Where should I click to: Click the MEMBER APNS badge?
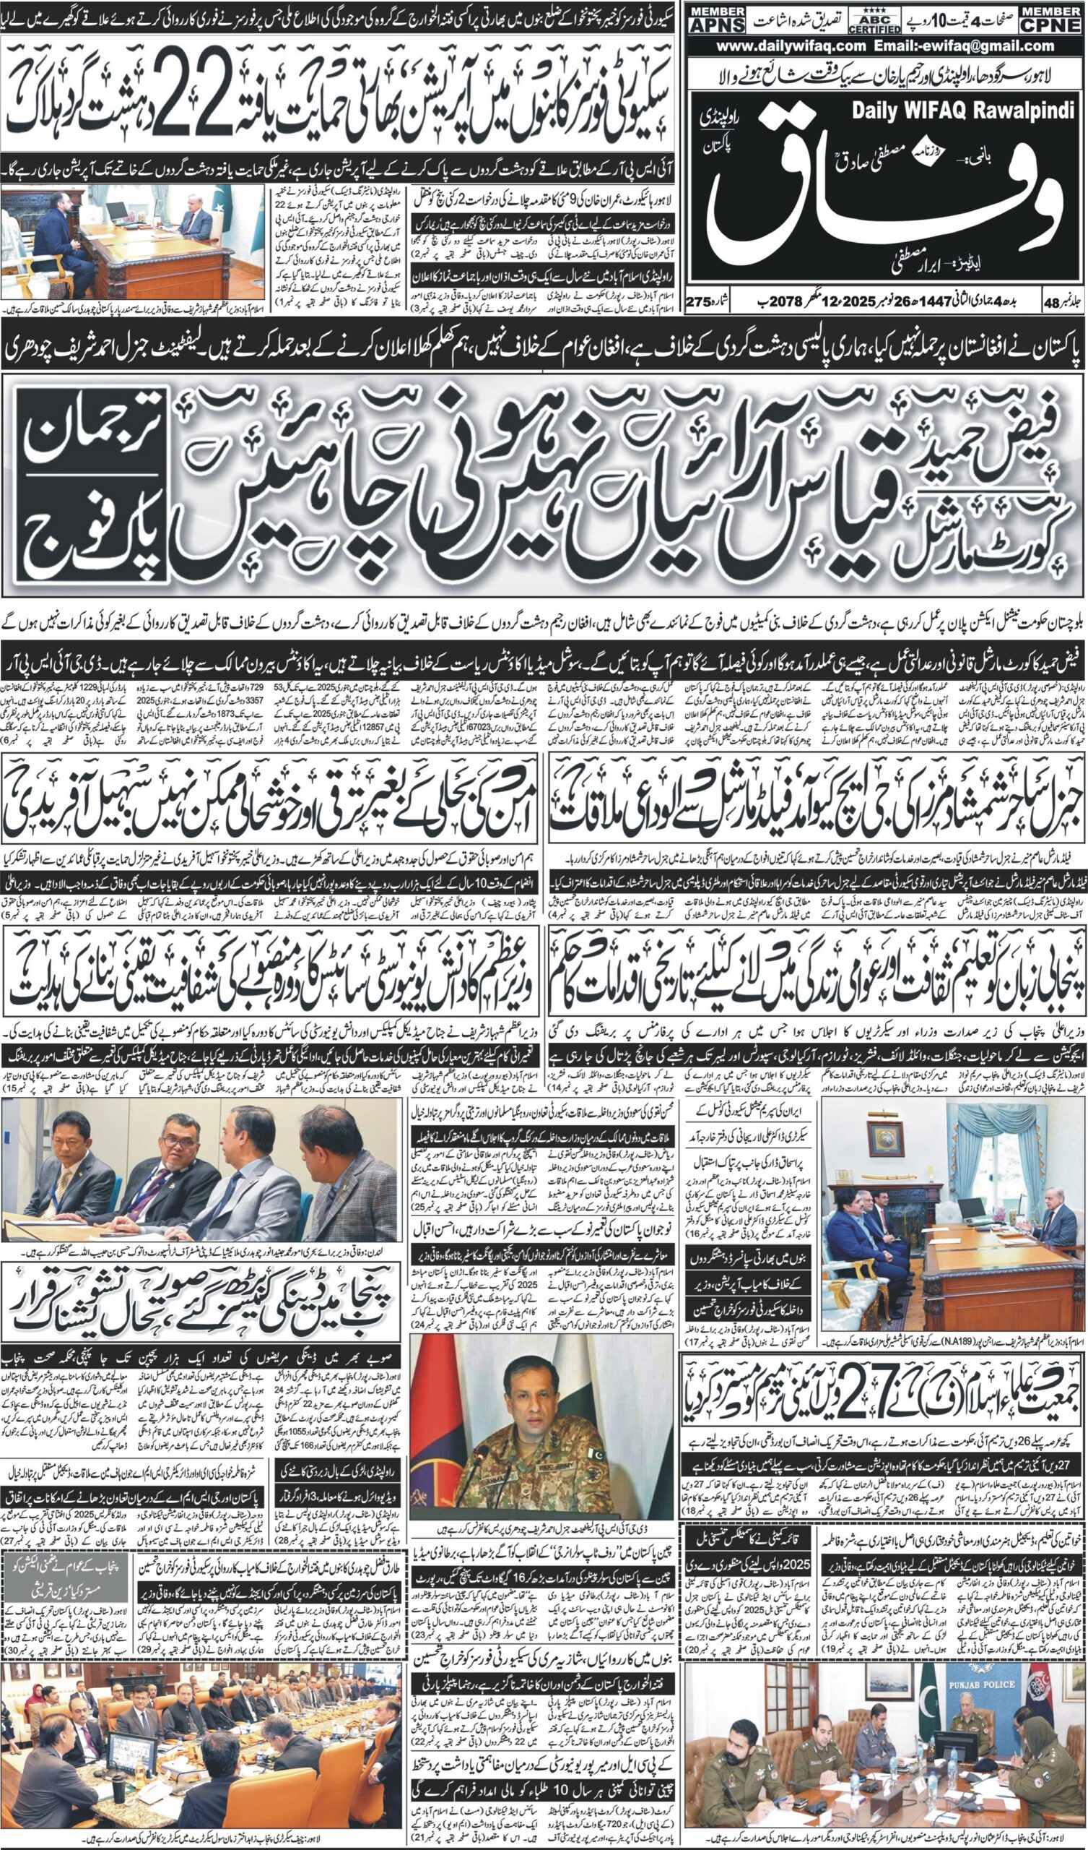click(716, 20)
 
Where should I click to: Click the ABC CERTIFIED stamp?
click(874, 22)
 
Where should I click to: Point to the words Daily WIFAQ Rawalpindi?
click(962, 111)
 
